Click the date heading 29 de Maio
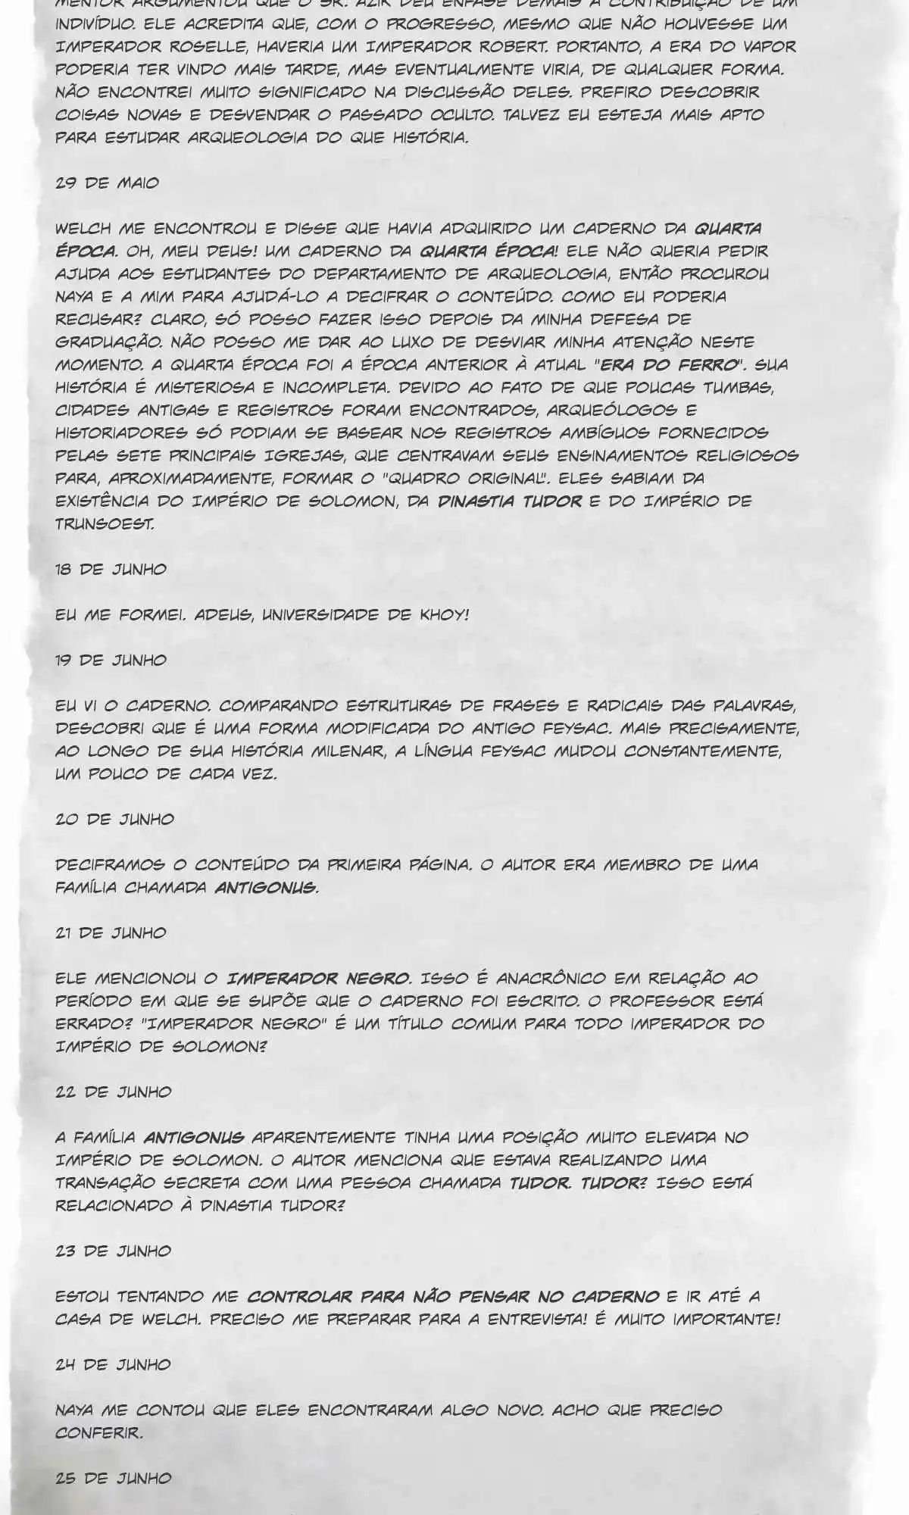click(x=107, y=183)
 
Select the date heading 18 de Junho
click(x=111, y=569)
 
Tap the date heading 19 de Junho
click(x=111, y=660)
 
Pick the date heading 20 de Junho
click(x=114, y=819)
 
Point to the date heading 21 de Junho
click(x=111, y=932)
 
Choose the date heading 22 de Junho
click(x=114, y=1092)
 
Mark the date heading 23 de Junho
click(x=114, y=1251)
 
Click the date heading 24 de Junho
click(x=114, y=1364)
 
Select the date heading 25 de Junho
click(x=114, y=1478)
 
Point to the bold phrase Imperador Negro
click(x=320, y=978)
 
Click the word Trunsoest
click(x=104, y=523)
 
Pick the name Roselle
click(x=216, y=46)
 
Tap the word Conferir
click(x=98, y=1432)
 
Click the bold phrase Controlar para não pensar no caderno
click(x=453, y=1296)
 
